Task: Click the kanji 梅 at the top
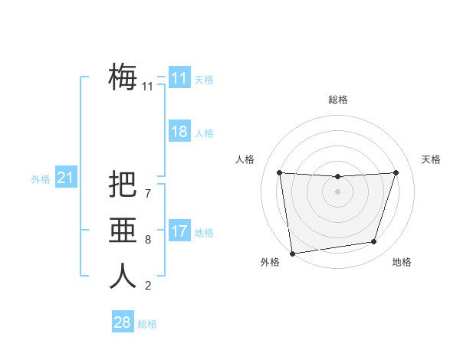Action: click(123, 77)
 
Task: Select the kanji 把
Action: click(123, 185)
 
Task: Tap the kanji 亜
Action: click(123, 231)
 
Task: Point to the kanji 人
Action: click(123, 277)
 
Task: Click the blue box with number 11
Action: click(179, 78)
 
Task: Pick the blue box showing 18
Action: click(179, 132)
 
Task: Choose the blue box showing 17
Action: click(179, 231)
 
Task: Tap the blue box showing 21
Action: click(65, 178)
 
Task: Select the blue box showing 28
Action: click(122, 322)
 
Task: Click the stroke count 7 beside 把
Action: click(148, 194)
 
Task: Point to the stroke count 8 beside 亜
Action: click(148, 240)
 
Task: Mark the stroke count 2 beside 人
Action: click(148, 286)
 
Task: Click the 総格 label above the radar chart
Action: click(337, 100)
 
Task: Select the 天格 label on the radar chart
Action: click(431, 159)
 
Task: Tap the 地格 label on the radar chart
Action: click(402, 262)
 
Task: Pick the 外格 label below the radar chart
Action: click(270, 262)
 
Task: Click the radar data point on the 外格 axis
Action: click(292, 254)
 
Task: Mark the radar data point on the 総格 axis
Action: click(337, 177)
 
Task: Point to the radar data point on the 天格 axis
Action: click(396, 172)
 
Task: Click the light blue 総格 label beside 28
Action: click(147, 324)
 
